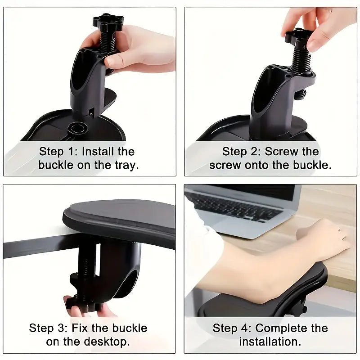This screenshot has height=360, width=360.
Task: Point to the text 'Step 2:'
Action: click(241, 151)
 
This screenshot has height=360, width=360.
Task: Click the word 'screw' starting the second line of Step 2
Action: click(225, 165)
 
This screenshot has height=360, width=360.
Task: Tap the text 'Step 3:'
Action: click(48, 328)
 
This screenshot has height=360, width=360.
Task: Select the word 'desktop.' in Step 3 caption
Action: click(112, 341)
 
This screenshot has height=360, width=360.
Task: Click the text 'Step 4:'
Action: click(231, 328)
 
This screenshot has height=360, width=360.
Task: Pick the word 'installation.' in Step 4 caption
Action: click(270, 341)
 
